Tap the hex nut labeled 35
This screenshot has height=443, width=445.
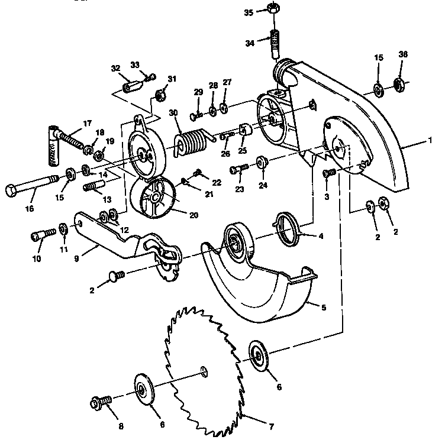coord(274,9)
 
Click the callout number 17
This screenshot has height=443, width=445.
coord(87,123)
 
